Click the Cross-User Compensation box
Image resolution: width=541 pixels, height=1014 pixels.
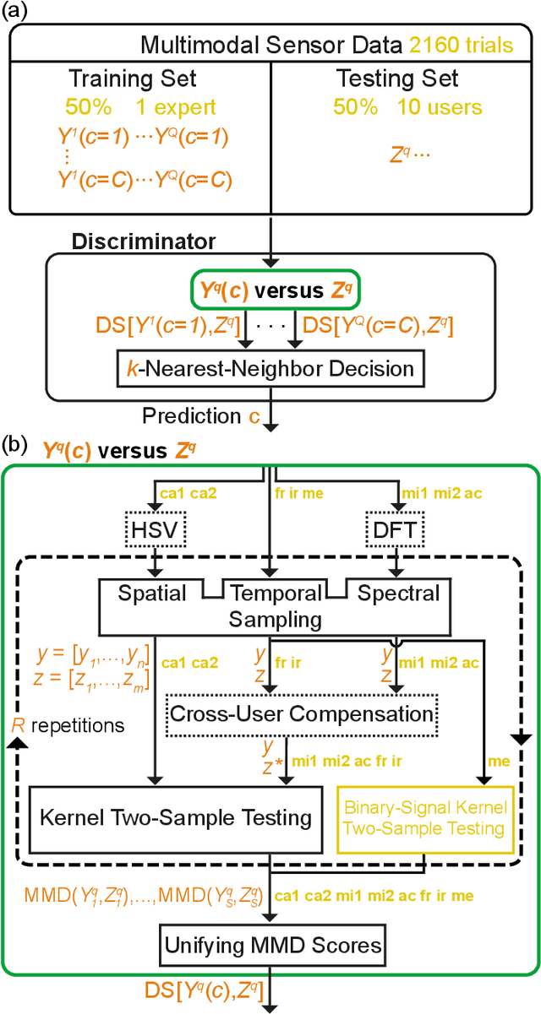(x=302, y=713)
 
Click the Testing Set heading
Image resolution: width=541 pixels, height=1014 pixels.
(x=397, y=80)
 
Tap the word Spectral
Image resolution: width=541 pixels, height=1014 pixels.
(x=398, y=594)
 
